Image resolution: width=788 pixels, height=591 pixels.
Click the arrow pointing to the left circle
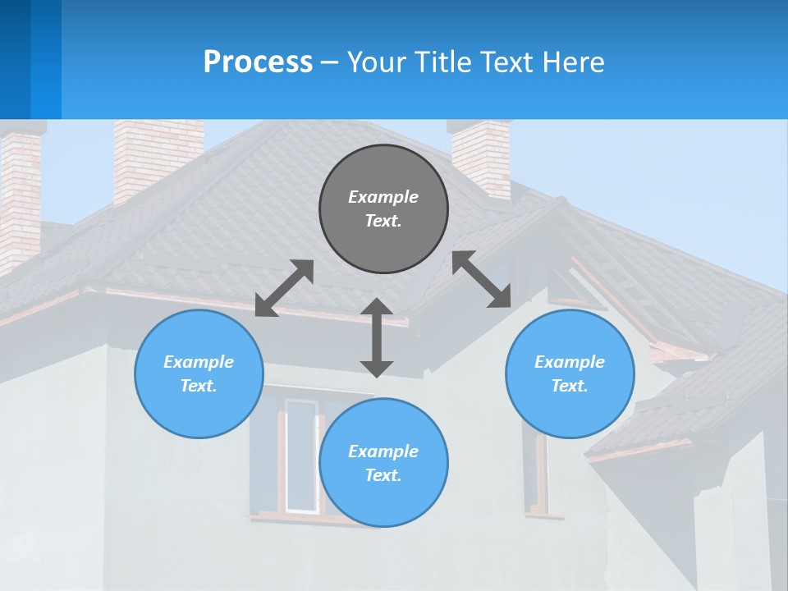(284, 288)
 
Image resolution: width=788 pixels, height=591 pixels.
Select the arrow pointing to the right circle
(482, 279)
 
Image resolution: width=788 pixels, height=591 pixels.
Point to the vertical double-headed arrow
(377, 337)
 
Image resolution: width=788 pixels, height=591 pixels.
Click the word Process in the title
(258, 62)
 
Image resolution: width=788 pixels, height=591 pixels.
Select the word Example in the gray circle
(383, 197)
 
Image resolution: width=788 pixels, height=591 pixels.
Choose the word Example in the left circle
(199, 362)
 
